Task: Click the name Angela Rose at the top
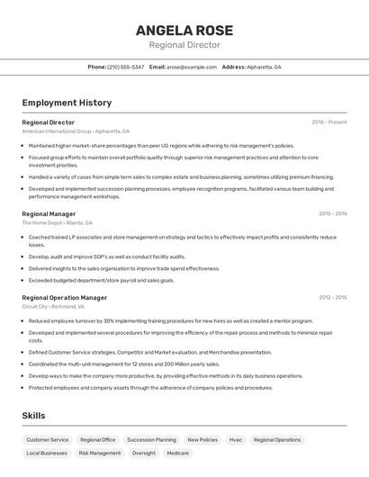(184, 30)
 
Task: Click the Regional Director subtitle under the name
(184, 45)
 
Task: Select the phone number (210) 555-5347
(125, 67)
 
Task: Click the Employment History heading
(67, 103)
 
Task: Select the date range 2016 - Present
(328, 122)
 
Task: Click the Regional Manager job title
(49, 214)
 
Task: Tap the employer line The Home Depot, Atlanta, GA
(57, 222)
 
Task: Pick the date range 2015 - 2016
(332, 214)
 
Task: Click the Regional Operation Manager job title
(64, 297)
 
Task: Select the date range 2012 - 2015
(332, 297)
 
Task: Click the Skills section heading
(33, 415)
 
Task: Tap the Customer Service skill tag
(47, 440)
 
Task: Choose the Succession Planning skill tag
(151, 440)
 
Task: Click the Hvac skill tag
(236, 440)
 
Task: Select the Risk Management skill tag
(100, 454)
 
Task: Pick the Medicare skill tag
(178, 454)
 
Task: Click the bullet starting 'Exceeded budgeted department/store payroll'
(102, 280)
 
